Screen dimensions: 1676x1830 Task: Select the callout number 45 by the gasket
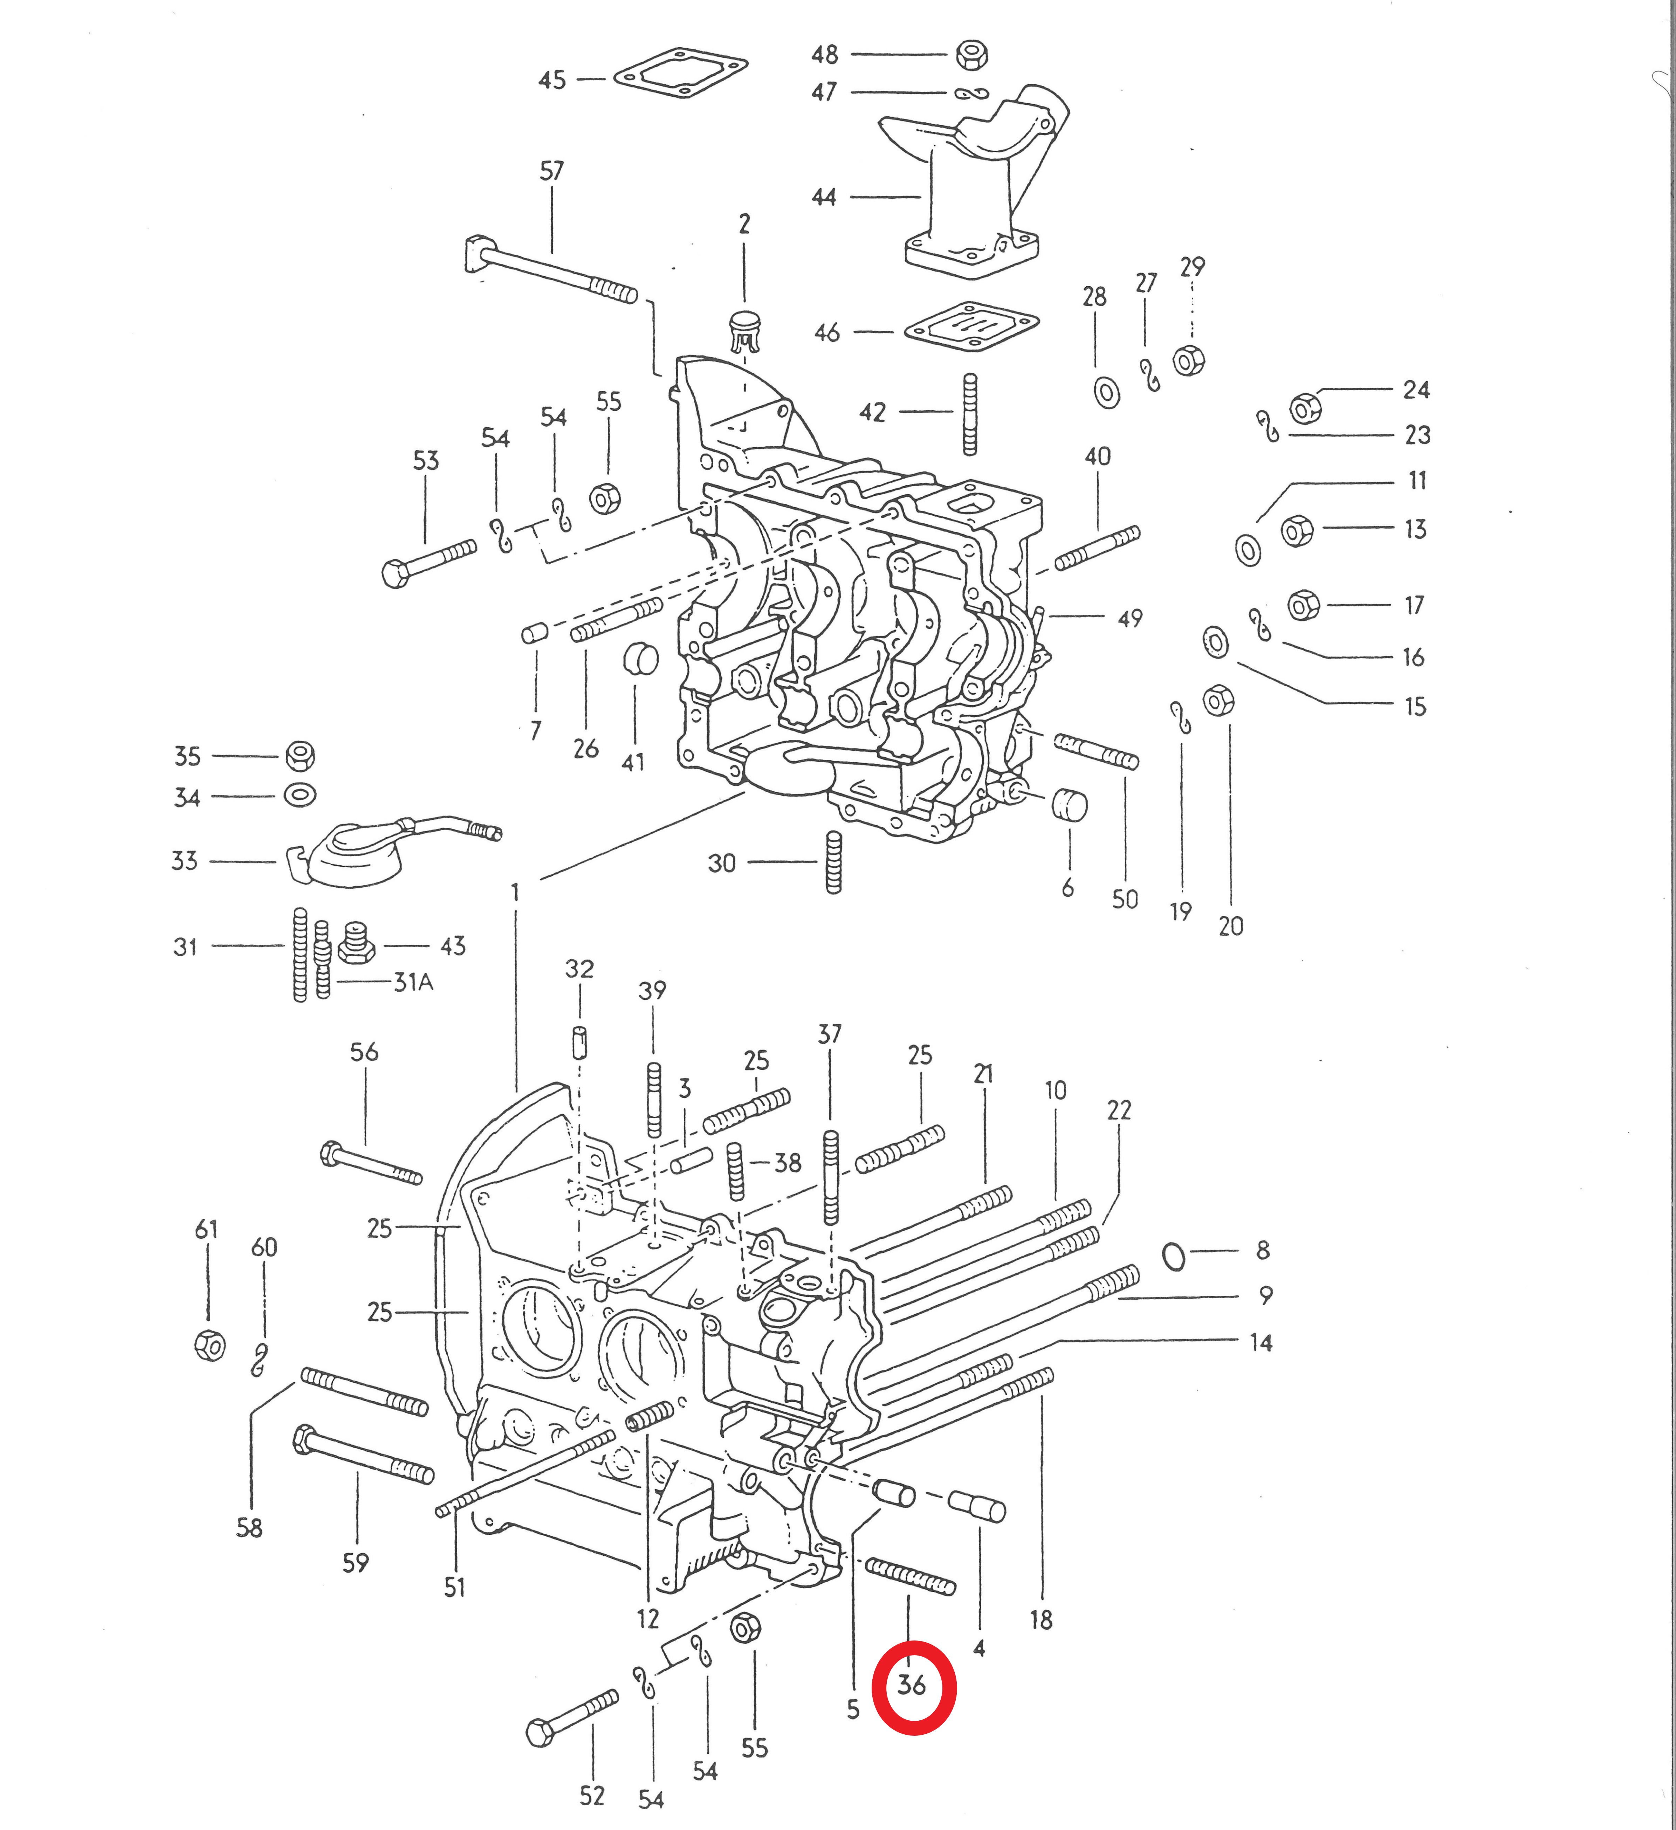coord(552,80)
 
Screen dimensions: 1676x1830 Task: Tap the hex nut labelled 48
coord(971,54)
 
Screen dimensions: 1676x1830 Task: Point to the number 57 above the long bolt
coord(551,171)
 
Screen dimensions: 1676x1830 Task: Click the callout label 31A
coord(413,982)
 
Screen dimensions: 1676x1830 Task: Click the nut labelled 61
coord(210,1344)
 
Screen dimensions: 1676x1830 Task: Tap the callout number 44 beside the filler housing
coord(824,197)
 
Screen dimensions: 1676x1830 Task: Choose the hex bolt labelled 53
coord(430,563)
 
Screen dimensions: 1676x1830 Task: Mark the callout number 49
coord(1129,618)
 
